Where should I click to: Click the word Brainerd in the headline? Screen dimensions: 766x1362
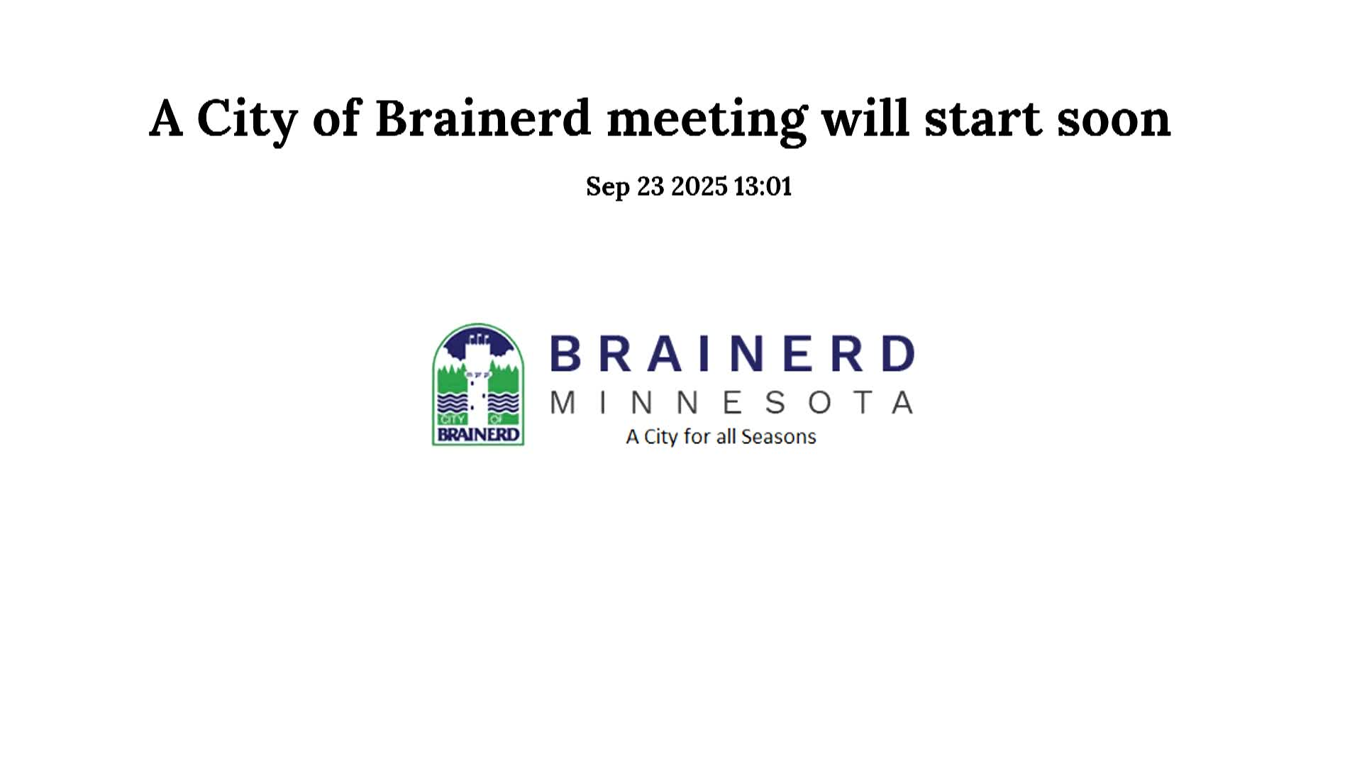point(482,118)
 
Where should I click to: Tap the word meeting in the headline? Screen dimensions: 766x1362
point(707,118)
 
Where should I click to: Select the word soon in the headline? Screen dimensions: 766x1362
point(1114,118)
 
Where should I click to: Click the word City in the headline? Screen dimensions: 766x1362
point(246,118)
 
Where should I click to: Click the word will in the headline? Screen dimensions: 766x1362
point(865,118)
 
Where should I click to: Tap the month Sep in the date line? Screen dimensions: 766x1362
point(607,187)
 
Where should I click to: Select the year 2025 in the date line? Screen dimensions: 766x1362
point(699,187)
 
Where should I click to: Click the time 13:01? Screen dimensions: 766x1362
point(763,187)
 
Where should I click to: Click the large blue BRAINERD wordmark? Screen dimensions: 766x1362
point(732,354)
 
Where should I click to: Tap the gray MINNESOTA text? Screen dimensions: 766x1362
point(732,403)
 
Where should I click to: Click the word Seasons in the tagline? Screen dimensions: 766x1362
point(778,436)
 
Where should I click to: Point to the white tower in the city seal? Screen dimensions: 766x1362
point(477,383)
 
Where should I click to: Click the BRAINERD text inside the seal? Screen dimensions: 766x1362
point(478,434)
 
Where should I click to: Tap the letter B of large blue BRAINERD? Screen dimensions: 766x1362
point(565,354)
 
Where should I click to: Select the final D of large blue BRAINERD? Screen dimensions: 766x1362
point(899,354)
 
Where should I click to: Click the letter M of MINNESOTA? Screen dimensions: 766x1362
point(563,403)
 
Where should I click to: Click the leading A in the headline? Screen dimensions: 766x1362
point(166,118)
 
